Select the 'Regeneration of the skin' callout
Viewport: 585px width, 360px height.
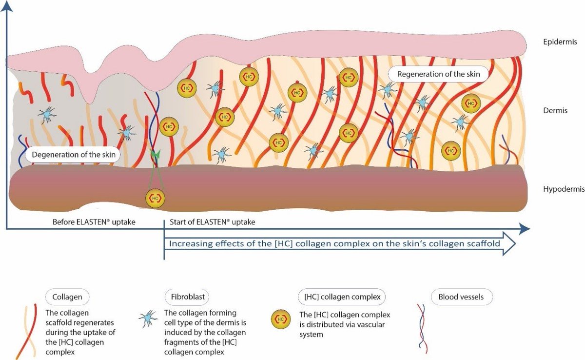pyautogui.click(x=439, y=74)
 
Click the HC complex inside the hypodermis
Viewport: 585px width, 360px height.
pyautogui.click(x=155, y=198)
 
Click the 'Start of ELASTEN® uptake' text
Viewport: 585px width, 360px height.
pyautogui.click(x=213, y=222)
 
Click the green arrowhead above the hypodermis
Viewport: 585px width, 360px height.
pyautogui.click(x=155, y=155)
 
